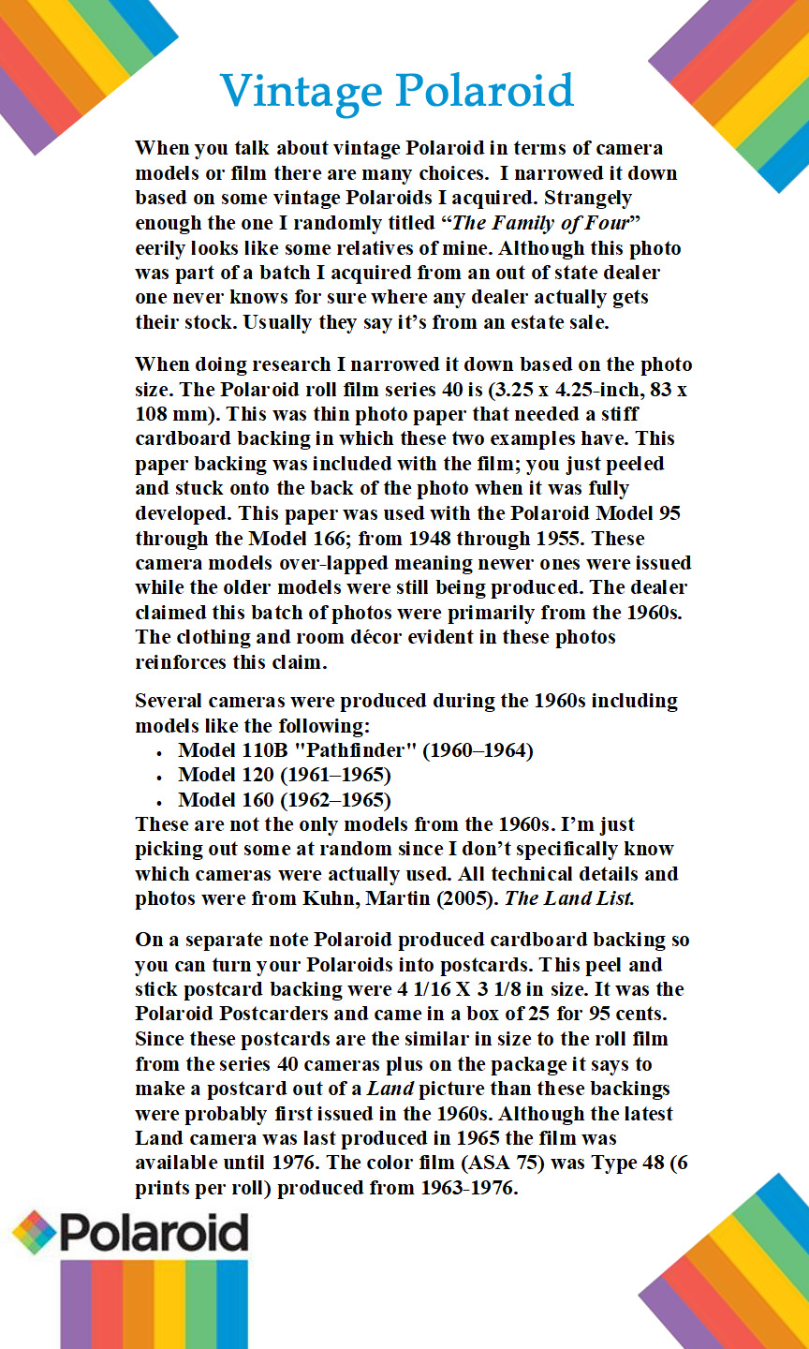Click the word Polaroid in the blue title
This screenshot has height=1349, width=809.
484,92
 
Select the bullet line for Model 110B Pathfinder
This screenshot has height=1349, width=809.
355,750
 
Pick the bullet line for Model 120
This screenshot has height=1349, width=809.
284,775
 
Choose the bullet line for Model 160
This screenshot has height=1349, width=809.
284,800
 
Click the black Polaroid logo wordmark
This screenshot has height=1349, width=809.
154,1233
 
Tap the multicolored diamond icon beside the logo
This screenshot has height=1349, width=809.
34,1233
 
